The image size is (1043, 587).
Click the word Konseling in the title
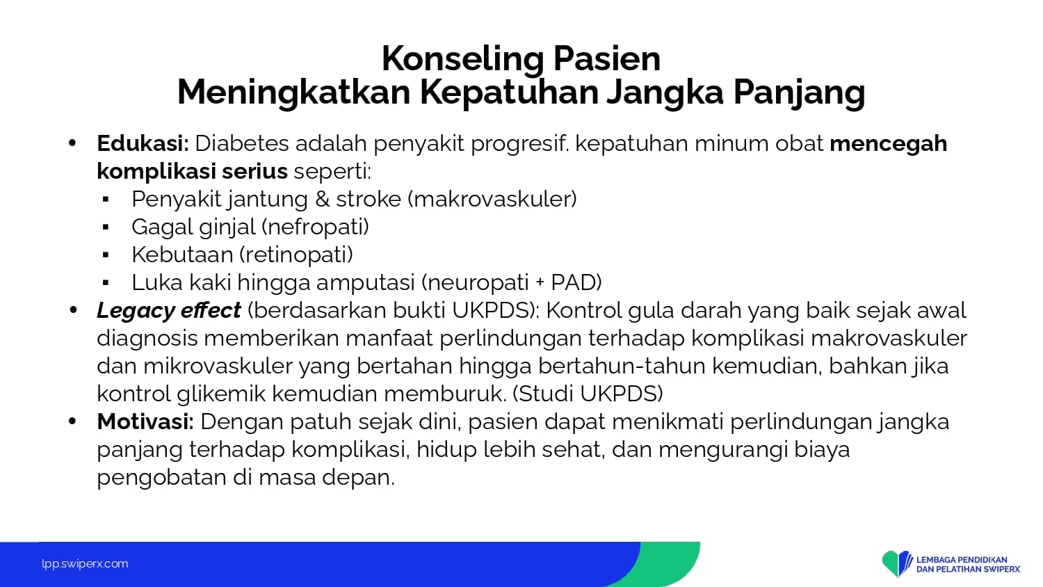click(463, 60)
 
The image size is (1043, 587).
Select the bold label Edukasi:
click(143, 143)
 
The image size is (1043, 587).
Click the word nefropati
click(315, 228)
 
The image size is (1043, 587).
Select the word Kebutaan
click(182, 255)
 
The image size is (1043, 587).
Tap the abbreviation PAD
click(576, 282)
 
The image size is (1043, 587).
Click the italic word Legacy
click(136, 311)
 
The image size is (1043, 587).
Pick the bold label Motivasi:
click(145, 422)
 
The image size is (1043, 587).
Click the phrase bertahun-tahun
click(622, 366)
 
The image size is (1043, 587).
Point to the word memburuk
click(445, 394)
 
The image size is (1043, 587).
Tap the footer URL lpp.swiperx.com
click(85, 564)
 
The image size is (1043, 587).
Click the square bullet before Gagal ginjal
click(106, 228)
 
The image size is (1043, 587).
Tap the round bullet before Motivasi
click(72, 421)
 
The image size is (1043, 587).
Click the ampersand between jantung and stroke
click(322, 200)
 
